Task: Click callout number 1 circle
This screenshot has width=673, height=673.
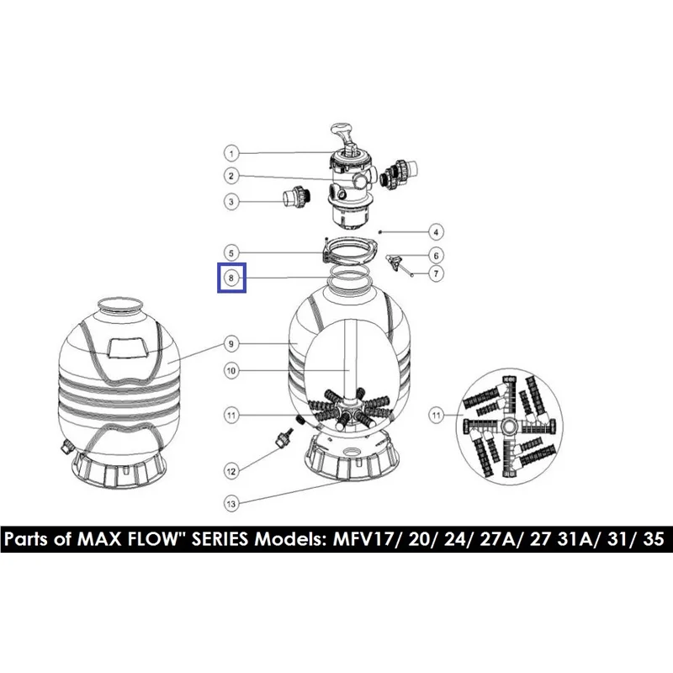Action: coord(231,153)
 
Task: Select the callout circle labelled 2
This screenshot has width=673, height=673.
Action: coord(231,176)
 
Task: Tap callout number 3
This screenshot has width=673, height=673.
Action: coord(231,202)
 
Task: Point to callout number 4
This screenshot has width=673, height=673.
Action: coord(436,232)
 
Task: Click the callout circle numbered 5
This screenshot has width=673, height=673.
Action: coord(231,253)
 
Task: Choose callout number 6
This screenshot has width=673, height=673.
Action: coord(436,256)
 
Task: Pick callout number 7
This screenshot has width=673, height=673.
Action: coord(436,273)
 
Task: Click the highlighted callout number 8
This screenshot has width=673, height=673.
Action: coord(231,278)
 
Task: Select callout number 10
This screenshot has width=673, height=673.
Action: coord(231,370)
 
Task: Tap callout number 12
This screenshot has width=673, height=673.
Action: coord(231,472)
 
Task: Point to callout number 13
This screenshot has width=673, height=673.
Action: coord(231,503)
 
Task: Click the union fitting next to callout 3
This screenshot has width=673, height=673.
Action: coord(297,199)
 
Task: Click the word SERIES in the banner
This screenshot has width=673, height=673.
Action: coord(220,538)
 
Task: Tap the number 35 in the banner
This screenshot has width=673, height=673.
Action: coord(654,538)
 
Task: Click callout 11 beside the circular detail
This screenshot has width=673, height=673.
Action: coord(436,415)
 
